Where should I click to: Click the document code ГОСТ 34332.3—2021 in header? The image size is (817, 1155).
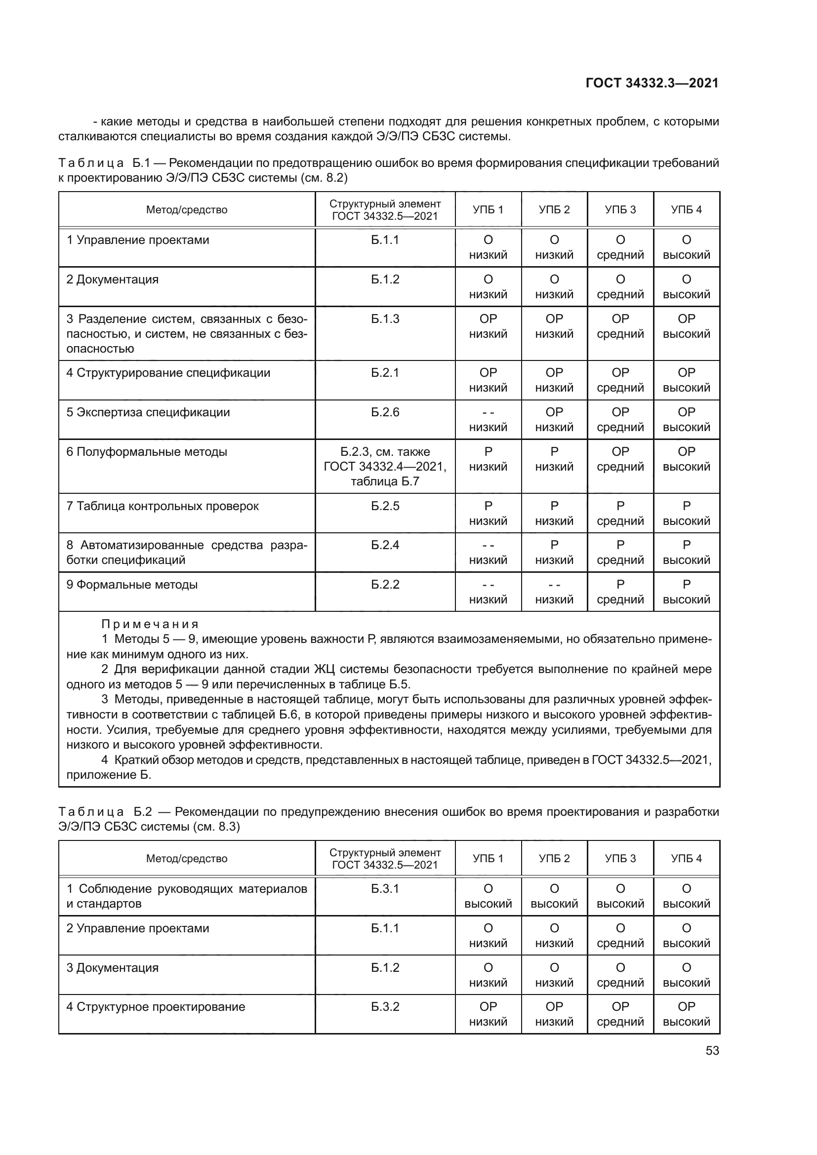652,83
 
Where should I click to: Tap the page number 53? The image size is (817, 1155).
712,1050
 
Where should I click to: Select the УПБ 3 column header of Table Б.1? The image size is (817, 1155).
620,210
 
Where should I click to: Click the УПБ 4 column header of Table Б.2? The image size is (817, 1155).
686,858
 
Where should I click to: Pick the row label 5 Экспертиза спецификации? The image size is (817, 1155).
148,412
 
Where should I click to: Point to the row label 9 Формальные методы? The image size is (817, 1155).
132,585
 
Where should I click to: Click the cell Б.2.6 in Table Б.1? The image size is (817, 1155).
385,412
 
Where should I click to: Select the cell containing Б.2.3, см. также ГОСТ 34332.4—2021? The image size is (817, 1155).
385,466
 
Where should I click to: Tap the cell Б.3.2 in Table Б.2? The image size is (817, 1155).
385,1006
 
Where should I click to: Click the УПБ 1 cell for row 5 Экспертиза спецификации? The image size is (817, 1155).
488,420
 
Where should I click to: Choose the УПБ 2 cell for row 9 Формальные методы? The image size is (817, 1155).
554,592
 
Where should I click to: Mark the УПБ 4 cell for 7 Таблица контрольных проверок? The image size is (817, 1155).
686,513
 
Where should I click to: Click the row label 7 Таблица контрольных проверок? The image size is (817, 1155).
163,506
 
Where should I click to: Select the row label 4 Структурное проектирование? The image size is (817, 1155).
156,1006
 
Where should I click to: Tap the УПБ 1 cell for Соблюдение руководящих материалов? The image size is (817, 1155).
488,896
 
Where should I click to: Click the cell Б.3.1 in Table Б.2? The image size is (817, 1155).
385,889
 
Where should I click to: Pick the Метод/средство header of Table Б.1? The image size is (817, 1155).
187,210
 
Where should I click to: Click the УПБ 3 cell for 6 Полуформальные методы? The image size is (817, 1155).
620,459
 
